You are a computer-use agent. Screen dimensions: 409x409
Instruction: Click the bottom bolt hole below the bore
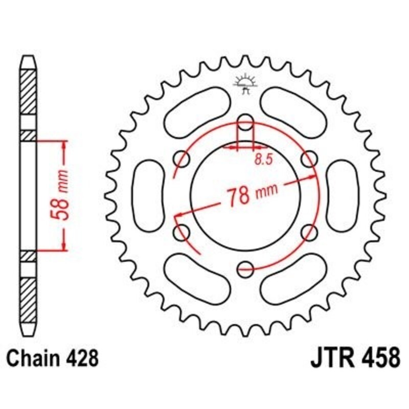[246, 267]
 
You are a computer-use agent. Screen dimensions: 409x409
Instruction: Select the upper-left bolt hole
[181, 160]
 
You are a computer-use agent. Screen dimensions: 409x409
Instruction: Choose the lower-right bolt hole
[309, 233]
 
